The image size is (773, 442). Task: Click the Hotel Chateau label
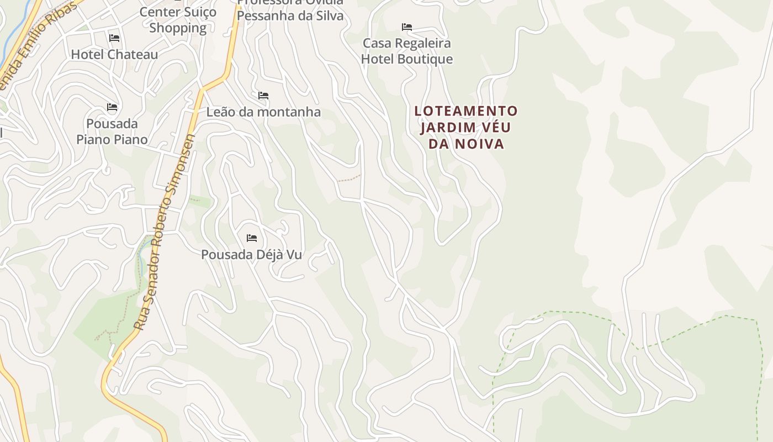114,54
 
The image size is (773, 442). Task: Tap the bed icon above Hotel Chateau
114,38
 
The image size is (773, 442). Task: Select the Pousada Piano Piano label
112,131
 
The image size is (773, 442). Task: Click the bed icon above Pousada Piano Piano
112,107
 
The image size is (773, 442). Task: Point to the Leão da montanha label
263,112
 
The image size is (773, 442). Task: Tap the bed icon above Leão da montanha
263,96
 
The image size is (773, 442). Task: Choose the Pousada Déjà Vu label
251,255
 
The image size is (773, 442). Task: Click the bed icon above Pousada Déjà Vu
252,238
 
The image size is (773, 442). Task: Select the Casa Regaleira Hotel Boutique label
407,51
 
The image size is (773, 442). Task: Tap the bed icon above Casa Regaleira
407,27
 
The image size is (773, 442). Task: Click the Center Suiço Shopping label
178,20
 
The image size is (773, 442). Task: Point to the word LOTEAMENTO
466,111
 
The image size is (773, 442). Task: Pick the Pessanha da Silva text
290,15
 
